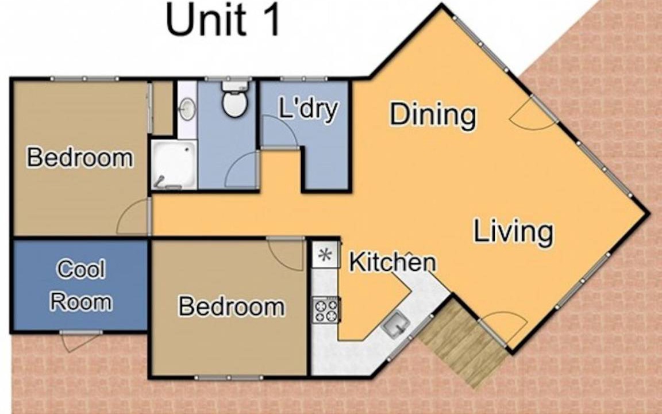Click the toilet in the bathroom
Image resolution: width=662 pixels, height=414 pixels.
tap(234, 99)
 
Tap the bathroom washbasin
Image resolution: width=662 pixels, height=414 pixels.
tap(187, 109)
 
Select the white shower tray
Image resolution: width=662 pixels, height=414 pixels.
tap(174, 164)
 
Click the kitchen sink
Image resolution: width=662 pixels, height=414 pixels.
tap(395, 324)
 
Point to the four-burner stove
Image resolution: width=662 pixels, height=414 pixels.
tap(326, 310)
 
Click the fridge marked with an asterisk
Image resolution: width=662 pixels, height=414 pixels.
tap(325, 255)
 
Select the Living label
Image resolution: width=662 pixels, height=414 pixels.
tap(513, 231)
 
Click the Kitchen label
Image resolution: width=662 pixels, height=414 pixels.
tap(392, 262)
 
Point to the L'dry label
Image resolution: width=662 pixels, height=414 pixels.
tap(309, 109)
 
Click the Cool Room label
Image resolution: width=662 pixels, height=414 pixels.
tap(81, 286)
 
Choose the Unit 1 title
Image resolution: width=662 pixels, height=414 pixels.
tap(223, 20)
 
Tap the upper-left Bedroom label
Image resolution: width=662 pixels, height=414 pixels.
tap(80, 158)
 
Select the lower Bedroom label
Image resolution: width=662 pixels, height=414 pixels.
tap(232, 306)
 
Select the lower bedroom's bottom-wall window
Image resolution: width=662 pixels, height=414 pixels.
tap(229, 377)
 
